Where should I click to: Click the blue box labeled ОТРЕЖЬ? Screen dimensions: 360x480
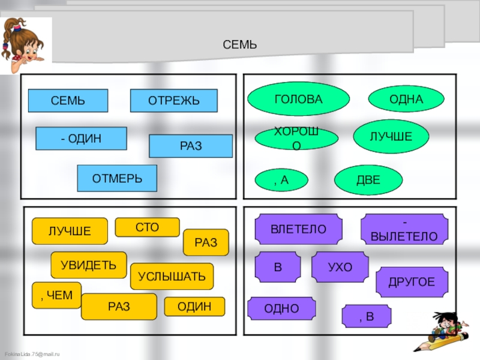tap(174, 101)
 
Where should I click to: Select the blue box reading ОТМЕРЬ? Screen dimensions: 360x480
tap(117, 178)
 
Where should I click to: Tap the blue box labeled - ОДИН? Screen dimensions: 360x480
tap(81, 139)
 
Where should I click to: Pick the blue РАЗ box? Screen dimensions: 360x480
tap(191, 146)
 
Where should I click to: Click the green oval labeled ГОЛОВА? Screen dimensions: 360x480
tap(298, 99)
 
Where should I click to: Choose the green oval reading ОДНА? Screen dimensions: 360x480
tap(406, 99)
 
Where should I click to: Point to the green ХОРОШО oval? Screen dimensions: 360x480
tap(296, 138)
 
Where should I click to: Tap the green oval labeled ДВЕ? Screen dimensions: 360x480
tap(368, 179)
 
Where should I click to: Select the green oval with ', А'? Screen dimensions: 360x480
tap(281, 179)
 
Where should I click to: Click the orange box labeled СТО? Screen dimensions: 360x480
tap(147, 227)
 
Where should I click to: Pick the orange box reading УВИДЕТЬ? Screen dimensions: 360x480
tap(89, 265)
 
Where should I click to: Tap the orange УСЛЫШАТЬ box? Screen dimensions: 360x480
tap(172, 276)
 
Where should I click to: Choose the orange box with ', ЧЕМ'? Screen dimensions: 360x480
tap(56, 295)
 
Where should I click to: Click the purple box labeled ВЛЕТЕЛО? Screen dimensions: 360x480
tap(298, 229)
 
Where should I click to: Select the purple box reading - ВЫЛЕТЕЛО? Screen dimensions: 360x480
tap(404, 230)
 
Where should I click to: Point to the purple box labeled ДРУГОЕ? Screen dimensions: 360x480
tap(412, 281)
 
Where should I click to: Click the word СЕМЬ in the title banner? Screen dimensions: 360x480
tap(239, 44)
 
